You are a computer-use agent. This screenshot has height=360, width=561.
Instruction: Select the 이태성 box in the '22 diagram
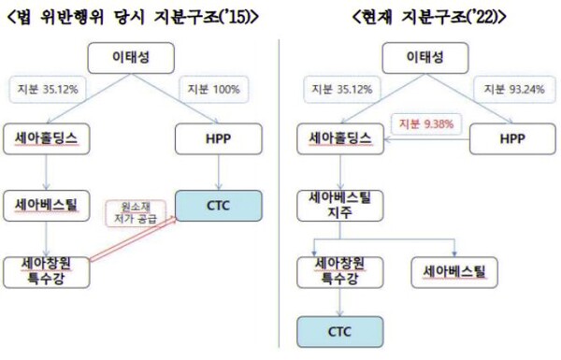424,58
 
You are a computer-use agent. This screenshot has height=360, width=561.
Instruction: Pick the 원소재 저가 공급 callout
129,213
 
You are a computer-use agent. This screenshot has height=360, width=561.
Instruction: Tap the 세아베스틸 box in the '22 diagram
455,272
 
